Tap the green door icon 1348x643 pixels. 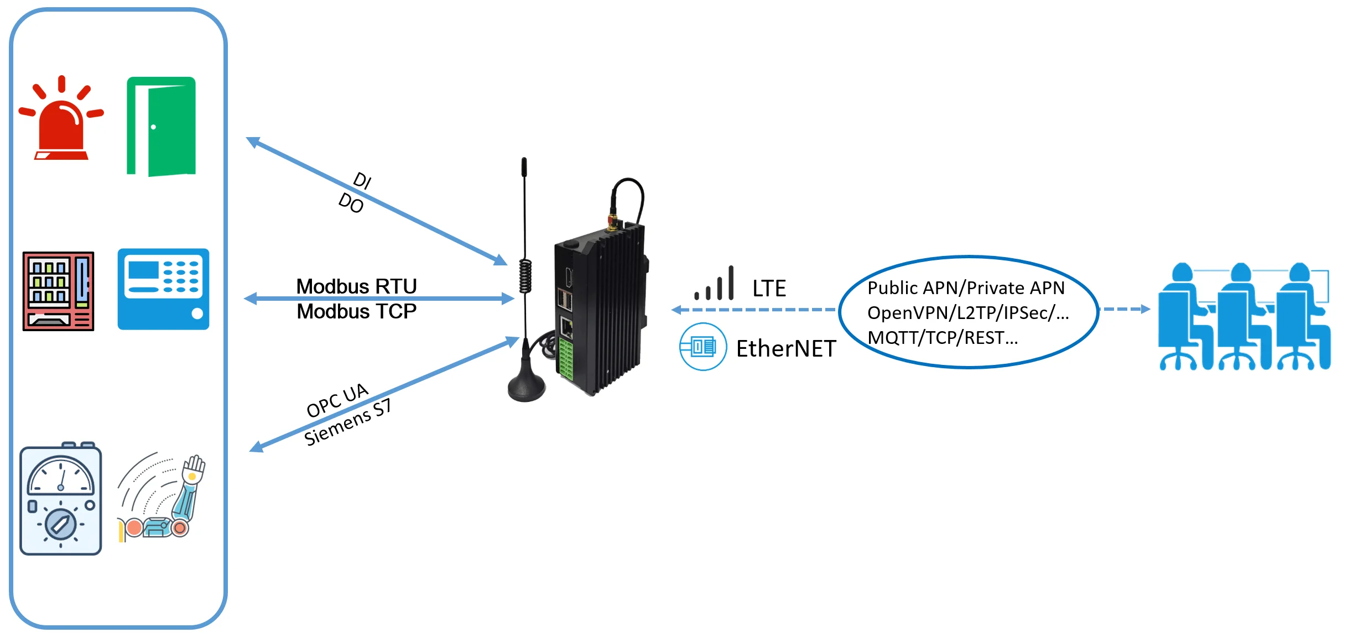tap(161, 127)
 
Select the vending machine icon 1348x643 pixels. tap(58, 291)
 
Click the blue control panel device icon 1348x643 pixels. tap(163, 289)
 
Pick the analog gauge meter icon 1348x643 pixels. tap(61, 499)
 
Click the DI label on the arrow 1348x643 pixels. tap(362, 180)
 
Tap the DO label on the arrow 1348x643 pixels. tap(351, 203)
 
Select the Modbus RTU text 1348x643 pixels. tap(357, 286)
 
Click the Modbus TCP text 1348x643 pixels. tap(357, 311)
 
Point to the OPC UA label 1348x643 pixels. tap(337, 400)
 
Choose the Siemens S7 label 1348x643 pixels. tap(347, 422)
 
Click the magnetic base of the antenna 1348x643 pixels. tap(526, 386)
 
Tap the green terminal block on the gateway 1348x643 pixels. tap(565, 359)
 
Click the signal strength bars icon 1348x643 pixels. tap(715, 284)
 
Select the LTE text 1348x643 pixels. tap(769, 289)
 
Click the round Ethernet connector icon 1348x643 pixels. tap(702, 347)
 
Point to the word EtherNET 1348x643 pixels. tap(786, 349)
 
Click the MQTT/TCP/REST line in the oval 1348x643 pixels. tap(943, 337)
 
